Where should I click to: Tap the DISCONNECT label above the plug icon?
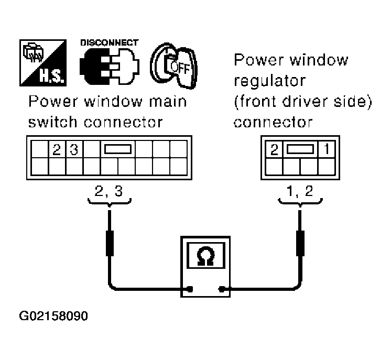pyautogui.click(x=110, y=42)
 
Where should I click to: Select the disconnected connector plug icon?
pyautogui.click(x=110, y=68)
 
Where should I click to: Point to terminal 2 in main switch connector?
pyautogui.click(x=57, y=150)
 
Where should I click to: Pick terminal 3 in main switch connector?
pyautogui.click(x=74, y=150)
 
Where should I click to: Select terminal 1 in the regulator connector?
pyautogui.click(x=325, y=150)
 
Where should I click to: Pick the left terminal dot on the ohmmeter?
pyautogui.click(x=189, y=288)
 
